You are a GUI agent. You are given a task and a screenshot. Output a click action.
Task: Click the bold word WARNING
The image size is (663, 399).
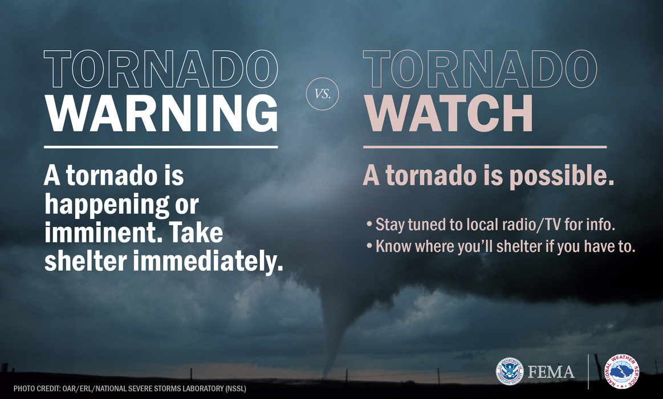(x=161, y=114)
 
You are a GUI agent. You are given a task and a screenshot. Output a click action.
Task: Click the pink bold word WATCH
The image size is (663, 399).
(x=448, y=114)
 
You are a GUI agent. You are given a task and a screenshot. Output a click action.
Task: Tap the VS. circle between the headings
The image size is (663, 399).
(x=323, y=92)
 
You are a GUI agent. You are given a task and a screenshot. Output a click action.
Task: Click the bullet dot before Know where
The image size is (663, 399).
(x=369, y=247)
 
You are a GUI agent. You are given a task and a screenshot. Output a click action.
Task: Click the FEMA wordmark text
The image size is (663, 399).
(x=551, y=372)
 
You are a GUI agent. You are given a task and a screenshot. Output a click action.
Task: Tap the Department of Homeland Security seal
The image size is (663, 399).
(x=510, y=372)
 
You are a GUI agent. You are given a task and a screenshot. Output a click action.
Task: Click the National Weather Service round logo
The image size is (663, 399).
(x=621, y=372)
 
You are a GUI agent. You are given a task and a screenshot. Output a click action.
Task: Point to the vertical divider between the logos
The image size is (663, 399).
(x=588, y=372)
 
